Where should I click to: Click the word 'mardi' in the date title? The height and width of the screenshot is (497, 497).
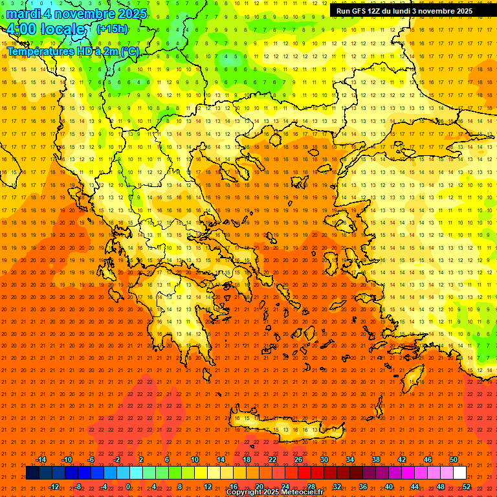(24, 14)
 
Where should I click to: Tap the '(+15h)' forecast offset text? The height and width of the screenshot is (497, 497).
(112, 29)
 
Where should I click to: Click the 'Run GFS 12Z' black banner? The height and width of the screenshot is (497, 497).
(404, 11)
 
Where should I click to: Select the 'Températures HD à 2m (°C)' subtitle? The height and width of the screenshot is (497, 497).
(72, 51)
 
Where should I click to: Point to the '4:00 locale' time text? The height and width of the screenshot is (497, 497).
(45, 30)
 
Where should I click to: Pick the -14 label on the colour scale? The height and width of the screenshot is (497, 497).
(41, 459)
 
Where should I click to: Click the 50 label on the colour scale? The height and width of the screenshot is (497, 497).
(454, 459)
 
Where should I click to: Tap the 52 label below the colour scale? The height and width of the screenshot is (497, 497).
(467, 486)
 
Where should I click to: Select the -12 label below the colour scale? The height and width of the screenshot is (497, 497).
(54, 486)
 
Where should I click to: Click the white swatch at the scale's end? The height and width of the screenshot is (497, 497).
(459, 473)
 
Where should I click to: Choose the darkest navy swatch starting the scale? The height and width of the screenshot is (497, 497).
(32, 473)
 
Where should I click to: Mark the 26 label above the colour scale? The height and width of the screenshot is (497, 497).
(298, 459)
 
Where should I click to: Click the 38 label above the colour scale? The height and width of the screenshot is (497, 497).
(376, 459)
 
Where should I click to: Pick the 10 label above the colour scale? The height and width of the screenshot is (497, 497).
(195, 459)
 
